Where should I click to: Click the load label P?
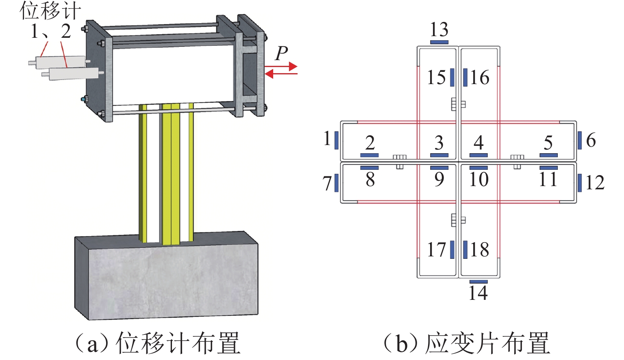[281, 53]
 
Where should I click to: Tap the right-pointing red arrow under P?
[281, 66]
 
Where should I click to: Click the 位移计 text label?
[50, 11]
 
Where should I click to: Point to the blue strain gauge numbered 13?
[439, 42]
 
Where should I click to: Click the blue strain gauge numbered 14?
[478, 282]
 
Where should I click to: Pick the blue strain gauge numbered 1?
[337, 140]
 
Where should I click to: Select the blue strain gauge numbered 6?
[580, 140]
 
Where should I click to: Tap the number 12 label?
[595, 183]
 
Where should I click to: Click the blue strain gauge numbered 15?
[452, 77]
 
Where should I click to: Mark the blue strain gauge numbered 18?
[465, 249]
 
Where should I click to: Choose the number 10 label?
[479, 179]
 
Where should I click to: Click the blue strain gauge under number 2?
[370, 155]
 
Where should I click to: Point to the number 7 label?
[327, 183]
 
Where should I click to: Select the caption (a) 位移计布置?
[158, 343]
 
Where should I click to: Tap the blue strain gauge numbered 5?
[548, 155]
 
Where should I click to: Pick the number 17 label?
[437, 249]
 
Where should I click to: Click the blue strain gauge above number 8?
[370, 167]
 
